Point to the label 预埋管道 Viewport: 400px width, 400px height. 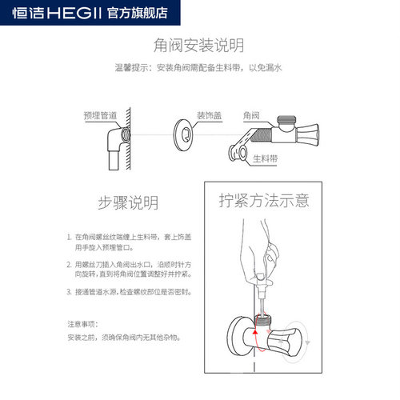pyautogui.click(x=99, y=115)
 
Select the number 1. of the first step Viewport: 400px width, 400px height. pyautogui.click(x=69, y=238)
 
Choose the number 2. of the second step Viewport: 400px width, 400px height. pyautogui.click(x=69, y=264)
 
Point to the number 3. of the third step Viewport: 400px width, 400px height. pyautogui.click(x=69, y=293)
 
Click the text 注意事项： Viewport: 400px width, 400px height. pyautogui.click(x=83, y=324)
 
